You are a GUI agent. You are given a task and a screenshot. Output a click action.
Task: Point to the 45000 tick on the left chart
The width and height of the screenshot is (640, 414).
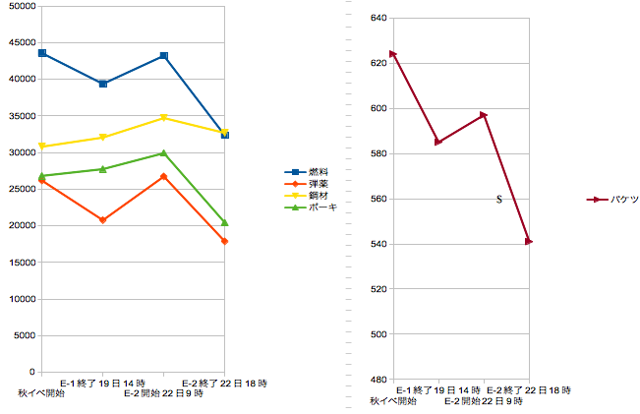tap(21, 42)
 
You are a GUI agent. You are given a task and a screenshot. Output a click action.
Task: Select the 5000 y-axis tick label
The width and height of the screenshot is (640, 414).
tap(24, 335)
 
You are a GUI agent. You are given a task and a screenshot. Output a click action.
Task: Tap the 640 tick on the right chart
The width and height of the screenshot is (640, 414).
tap(378, 18)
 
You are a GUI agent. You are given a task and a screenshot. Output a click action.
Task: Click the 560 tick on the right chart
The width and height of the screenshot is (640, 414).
tap(378, 199)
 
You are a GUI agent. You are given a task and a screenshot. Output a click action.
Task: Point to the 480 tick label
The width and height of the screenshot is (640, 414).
tap(378, 380)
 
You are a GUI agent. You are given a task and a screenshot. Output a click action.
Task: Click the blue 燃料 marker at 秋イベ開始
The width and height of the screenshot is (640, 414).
tap(42, 53)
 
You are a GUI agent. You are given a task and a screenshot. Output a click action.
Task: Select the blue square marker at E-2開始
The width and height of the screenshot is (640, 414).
tap(164, 56)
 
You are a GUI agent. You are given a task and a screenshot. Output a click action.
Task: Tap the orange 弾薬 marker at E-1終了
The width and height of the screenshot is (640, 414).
tap(103, 220)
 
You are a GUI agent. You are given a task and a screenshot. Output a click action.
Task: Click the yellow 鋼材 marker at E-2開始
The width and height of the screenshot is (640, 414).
tap(164, 118)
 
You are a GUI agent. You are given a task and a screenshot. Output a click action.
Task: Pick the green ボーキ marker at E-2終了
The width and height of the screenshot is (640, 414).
tap(225, 223)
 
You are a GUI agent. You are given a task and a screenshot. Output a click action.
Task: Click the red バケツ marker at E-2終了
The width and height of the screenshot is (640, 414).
tap(529, 241)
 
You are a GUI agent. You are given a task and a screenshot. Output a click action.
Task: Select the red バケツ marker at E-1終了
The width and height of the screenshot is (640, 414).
tap(438, 143)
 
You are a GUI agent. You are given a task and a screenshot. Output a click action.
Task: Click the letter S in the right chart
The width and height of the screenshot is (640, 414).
tap(499, 200)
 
